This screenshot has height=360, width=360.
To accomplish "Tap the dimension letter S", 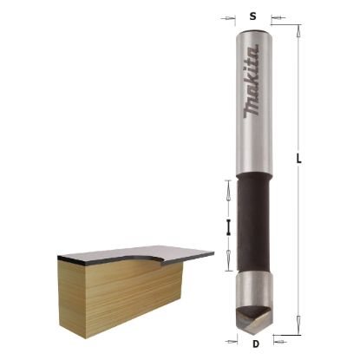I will tap(252, 16).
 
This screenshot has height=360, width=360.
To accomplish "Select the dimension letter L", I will tap(298, 159).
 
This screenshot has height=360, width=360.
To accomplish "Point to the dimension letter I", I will tap(228, 228).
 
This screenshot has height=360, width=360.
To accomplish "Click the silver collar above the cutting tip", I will tap(253, 287).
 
